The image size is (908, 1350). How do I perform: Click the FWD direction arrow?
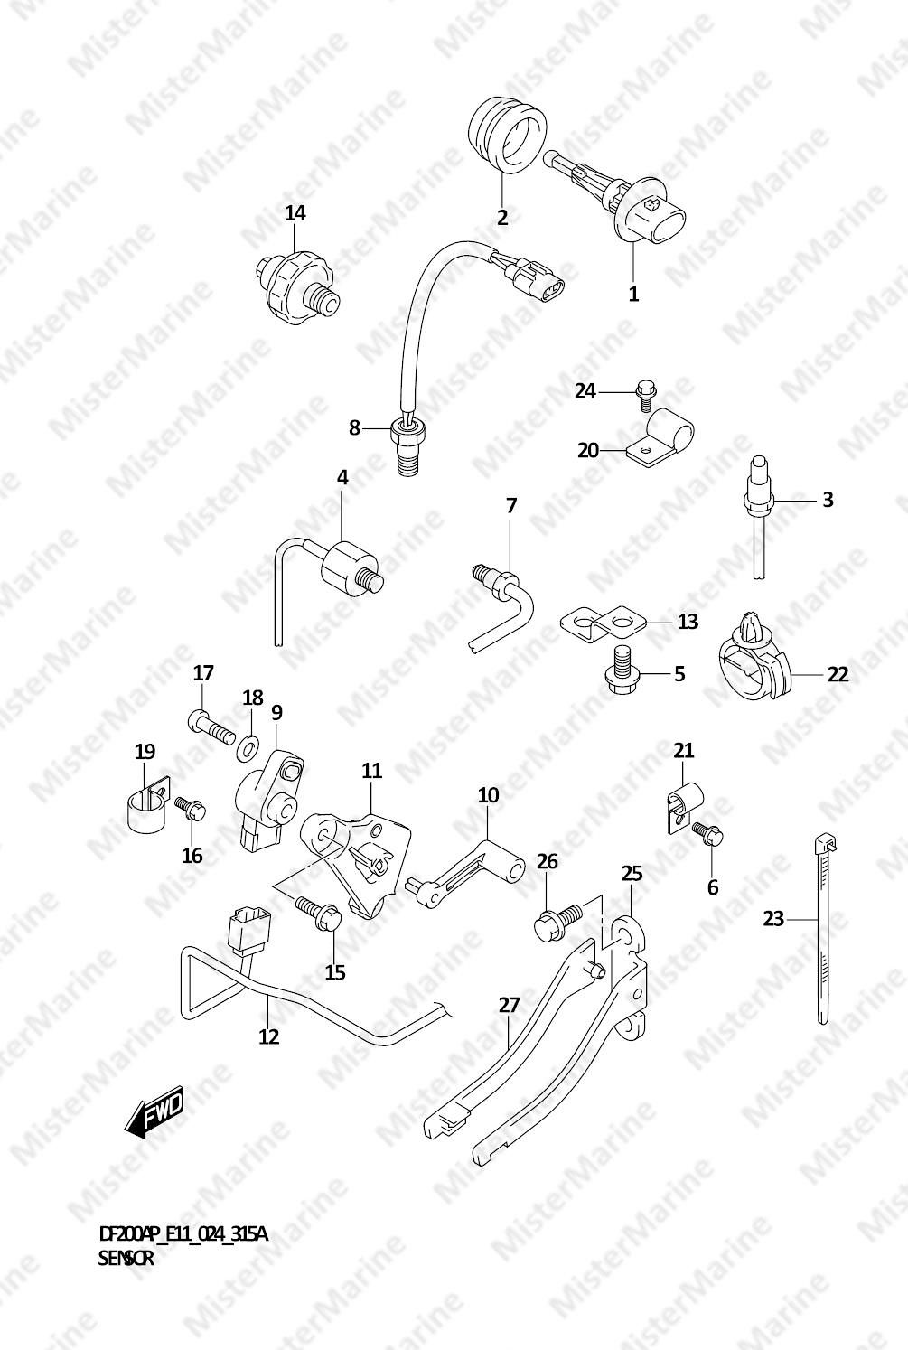(x=153, y=1111)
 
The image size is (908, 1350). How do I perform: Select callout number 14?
(x=295, y=212)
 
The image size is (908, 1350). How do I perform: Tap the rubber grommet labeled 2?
(x=508, y=134)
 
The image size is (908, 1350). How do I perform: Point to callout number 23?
(x=773, y=919)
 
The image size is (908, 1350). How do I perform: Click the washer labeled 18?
(x=247, y=748)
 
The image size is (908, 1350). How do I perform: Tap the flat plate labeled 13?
(x=603, y=622)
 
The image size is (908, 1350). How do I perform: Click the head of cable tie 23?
(x=826, y=845)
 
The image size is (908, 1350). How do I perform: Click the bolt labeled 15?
(x=318, y=913)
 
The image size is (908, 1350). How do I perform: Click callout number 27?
(x=510, y=1004)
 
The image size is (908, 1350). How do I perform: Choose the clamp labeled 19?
(x=148, y=804)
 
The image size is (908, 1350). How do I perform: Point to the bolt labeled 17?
(x=211, y=727)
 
